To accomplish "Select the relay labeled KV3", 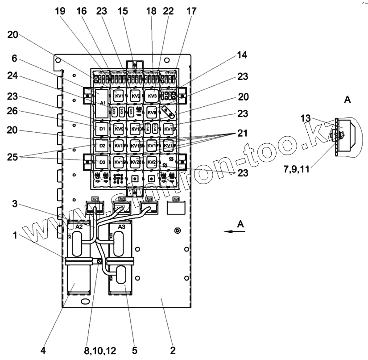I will coord(153,96).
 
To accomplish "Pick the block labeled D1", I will coord(102,130).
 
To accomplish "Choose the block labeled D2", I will coord(102,146).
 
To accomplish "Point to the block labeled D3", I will coord(102,162).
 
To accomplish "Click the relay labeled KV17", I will coord(152,146).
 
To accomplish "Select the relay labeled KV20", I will coord(136,162).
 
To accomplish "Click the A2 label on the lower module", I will coord(79,227).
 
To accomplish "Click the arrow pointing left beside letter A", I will coord(231,231).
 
